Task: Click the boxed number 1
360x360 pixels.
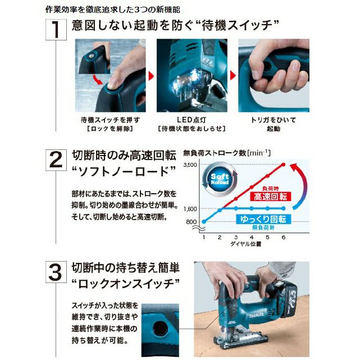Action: click(56, 30)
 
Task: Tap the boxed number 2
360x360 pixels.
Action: click(56, 160)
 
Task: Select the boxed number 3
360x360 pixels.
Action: click(56, 272)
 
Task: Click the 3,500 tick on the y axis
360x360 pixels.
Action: click(190, 165)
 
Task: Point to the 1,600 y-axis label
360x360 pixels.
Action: click(190, 209)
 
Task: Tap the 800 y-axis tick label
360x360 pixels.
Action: click(192, 222)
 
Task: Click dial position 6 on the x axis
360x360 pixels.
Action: click(283, 237)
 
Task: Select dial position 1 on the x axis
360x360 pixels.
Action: click(204, 237)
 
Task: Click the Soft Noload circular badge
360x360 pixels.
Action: click(220, 179)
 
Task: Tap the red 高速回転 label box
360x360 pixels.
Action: click(271, 197)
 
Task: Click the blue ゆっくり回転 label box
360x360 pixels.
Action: click(263, 219)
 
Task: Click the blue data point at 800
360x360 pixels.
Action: click(204, 221)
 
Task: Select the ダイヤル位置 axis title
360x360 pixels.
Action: click(245, 244)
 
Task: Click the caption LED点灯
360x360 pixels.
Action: click(192, 120)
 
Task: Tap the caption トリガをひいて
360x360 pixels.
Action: click(274, 120)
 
